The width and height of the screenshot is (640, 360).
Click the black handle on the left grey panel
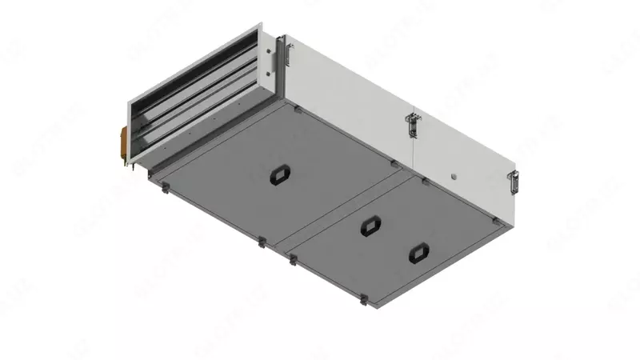pos(280,173)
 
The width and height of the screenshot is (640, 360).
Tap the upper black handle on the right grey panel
pos(369,226)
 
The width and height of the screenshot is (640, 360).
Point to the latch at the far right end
pos(514,181)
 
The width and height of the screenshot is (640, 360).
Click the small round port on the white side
pos(453,174)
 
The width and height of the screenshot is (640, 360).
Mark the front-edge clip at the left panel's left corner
pos(163,190)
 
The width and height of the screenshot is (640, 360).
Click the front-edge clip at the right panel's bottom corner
pos(364,302)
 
